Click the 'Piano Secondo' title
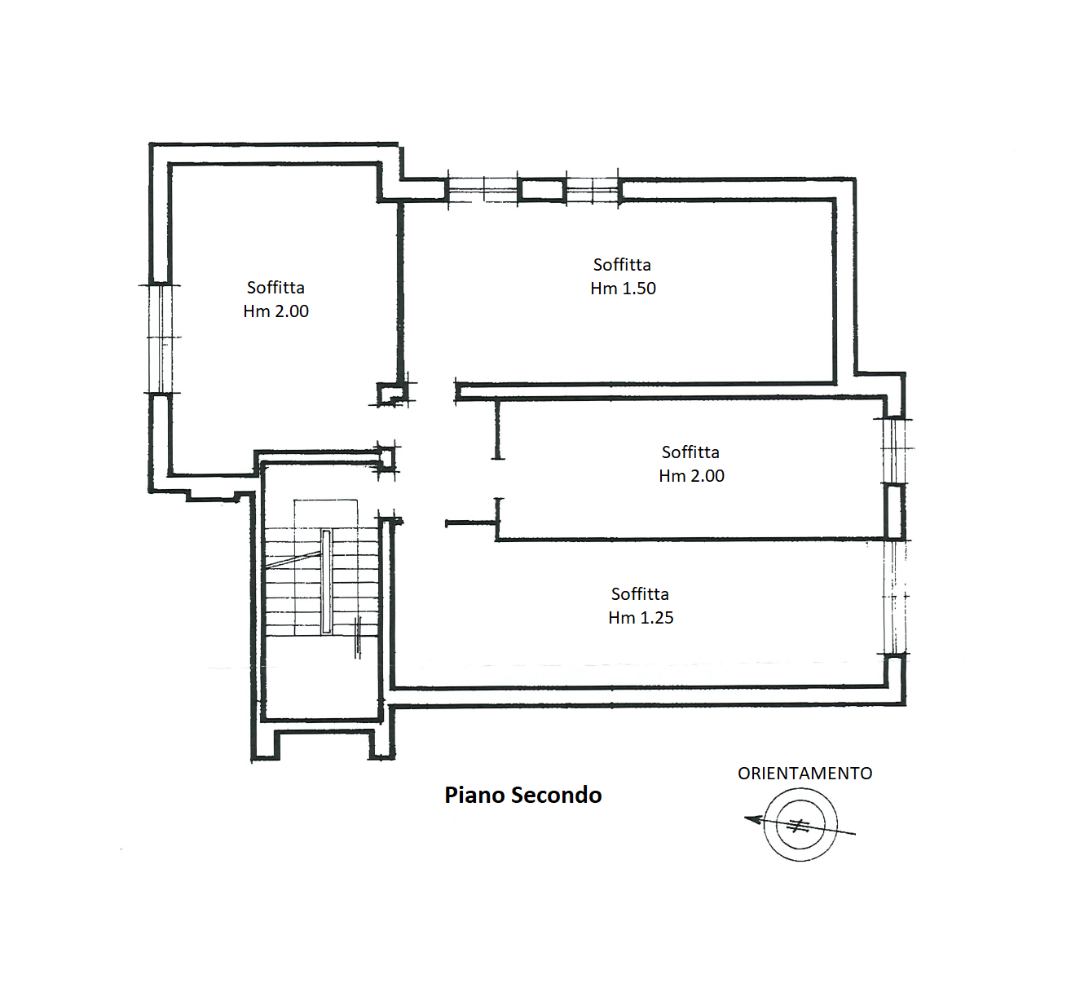pos(522,796)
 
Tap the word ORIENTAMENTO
pos(804,774)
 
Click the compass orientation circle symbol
pos(800,825)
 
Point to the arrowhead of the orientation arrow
pos(752,819)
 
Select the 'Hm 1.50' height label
pos(623,289)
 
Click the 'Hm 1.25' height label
pos(641,618)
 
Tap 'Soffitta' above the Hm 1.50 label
pos(622,265)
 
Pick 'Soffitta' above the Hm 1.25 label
pos(640,594)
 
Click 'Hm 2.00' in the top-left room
pos(275,311)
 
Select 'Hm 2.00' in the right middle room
pos(691,476)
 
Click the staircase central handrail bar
pos(326,581)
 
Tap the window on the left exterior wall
pos(161,339)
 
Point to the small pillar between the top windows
pos(542,191)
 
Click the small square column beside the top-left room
pos(390,394)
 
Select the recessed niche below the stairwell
pos(324,744)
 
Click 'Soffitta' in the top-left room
pos(275,288)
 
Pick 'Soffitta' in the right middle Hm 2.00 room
pos(690,452)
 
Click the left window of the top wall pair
pos(483,191)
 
